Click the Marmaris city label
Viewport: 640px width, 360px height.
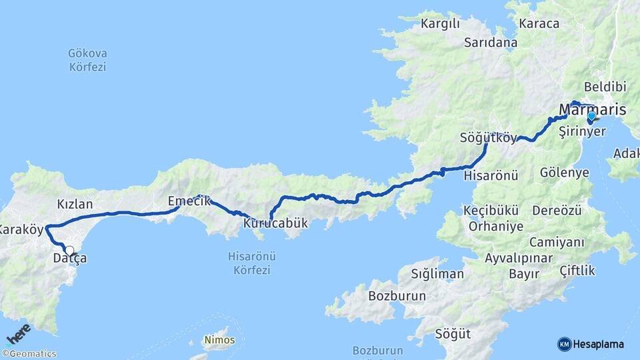click(591, 109)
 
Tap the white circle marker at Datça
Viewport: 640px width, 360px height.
click(69, 251)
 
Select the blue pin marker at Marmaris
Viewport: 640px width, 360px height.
click(591, 116)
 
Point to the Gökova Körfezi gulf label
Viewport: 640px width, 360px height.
click(87, 60)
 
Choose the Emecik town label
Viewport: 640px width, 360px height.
click(189, 201)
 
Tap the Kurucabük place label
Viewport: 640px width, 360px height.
click(275, 223)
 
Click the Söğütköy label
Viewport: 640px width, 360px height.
click(488, 139)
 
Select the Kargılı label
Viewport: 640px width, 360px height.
click(441, 25)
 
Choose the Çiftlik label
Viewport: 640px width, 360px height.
click(578, 271)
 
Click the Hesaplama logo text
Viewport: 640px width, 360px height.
click(599, 344)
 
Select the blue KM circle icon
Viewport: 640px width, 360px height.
click(564, 344)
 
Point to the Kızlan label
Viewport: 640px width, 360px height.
click(75, 204)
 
